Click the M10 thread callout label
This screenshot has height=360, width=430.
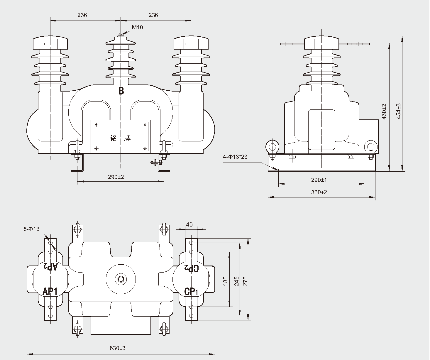click(x=137, y=28)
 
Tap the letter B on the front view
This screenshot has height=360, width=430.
click(x=121, y=91)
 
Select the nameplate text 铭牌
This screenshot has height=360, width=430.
click(x=121, y=138)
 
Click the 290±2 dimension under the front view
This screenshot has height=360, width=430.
click(x=116, y=177)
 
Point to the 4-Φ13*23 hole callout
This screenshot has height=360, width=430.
click(x=235, y=157)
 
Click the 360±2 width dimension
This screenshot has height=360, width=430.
click(x=319, y=192)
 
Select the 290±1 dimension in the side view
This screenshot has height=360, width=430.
click(x=319, y=180)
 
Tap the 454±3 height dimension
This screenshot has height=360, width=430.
click(x=398, y=111)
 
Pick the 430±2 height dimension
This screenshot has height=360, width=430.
click(x=384, y=111)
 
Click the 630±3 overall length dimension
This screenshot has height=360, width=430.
click(x=117, y=348)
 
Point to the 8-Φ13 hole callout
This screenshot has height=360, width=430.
click(x=31, y=229)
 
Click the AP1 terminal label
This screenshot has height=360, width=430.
click(x=50, y=291)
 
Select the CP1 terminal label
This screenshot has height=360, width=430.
click(x=191, y=291)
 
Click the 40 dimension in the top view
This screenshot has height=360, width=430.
click(x=189, y=224)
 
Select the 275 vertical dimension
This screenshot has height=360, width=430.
click(x=246, y=281)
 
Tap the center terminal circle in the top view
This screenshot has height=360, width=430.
click(x=121, y=278)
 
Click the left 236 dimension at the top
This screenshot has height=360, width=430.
click(x=82, y=15)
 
